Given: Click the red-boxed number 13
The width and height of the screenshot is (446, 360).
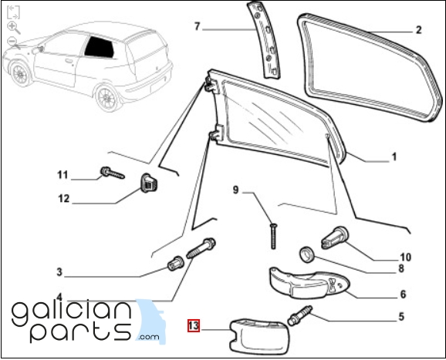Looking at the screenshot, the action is point(194,325).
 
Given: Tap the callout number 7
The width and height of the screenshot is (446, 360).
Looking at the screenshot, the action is point(198,26).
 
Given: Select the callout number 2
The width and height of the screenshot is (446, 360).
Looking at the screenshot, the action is point(418,30).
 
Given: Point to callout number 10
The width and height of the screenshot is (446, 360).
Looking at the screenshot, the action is point(406,257).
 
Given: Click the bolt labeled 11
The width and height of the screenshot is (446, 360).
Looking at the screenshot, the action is point(113,173).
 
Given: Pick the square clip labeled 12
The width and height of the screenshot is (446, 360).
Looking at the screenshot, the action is point(149,183).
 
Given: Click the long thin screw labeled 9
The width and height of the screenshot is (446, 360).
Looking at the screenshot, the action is point(273,236).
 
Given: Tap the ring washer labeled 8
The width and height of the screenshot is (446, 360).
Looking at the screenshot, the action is point(307,254).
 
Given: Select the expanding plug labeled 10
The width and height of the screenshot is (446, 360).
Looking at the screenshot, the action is point(335,238).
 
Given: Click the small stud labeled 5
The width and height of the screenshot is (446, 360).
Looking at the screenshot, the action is point(300,316).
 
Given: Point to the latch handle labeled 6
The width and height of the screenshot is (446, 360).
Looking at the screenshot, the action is point(309,284).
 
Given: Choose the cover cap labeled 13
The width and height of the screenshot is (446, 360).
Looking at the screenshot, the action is point(259,336).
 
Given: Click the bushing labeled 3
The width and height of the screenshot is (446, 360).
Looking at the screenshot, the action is point(175,264).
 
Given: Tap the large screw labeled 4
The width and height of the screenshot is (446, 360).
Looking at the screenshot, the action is point(201,248).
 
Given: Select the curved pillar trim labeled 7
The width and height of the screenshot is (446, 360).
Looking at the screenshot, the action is point(263,40).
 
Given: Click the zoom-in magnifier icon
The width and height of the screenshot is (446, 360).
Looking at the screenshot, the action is point(13,27).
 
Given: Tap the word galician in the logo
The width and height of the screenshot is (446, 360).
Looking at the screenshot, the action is point(72,313).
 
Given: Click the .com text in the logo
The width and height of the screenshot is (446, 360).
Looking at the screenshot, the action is point(149,337).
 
